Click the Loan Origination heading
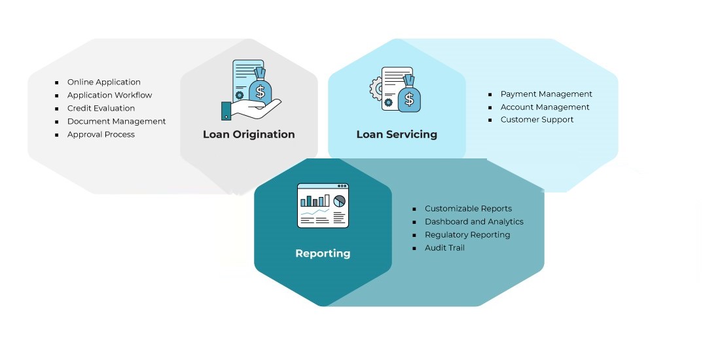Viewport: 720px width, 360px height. tap(249, 135)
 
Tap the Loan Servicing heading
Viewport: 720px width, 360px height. tap(397, 135)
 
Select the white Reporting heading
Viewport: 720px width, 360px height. tap(323, 253)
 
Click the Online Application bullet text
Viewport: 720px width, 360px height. tap(104, 82)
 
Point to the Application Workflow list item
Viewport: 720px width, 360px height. tap(110, 95)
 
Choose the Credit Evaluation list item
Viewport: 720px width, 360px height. tap(101, 109)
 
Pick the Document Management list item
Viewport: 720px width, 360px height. tap(117, 121)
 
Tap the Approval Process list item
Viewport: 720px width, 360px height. tap(101, 135)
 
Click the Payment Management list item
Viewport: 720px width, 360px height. tap(547, 94)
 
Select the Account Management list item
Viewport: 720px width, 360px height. tap(545, 107)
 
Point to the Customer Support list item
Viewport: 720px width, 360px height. tap(537, 120)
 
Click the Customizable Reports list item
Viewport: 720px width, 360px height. tap(469, 209)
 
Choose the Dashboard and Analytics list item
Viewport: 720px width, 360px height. tap(474, 222)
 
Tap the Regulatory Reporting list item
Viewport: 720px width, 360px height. tap(467, 234)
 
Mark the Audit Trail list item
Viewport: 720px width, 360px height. tap(444, 248)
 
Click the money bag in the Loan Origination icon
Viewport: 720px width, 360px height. tap(261, 87)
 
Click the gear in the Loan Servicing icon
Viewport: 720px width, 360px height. tap(376, 88)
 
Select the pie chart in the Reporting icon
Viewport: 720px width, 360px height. tap(339, 201)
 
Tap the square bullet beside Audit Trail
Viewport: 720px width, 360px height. tap(414, 249)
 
